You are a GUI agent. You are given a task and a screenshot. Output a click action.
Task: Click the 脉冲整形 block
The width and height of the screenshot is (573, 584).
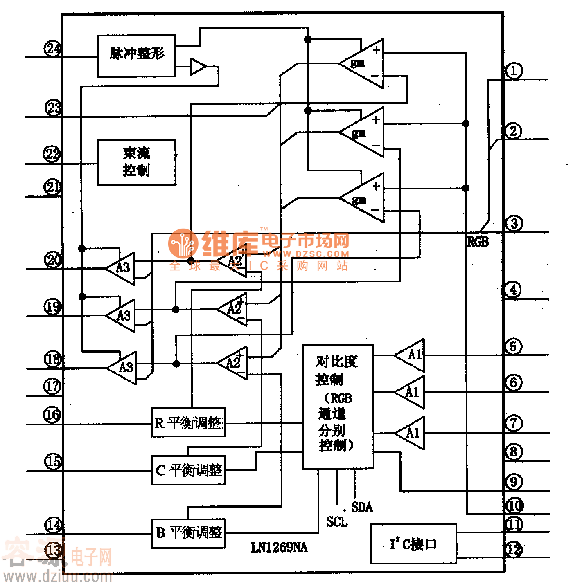[x=136, y=56]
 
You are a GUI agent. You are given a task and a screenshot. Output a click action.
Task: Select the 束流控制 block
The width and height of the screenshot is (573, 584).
[x=137, y=162]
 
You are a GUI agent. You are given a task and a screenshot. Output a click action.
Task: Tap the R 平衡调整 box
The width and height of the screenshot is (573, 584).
[x=188, y=422]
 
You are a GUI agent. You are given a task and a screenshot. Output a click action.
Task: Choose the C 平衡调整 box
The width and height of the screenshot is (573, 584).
[x=188, y=470]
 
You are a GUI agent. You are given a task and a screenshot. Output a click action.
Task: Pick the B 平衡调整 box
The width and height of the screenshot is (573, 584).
[x=188, y=533]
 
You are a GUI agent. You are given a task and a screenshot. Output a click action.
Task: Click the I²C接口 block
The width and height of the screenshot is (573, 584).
[x=413, y=544]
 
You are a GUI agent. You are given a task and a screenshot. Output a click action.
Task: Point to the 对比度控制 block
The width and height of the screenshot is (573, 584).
[x=338, y=406]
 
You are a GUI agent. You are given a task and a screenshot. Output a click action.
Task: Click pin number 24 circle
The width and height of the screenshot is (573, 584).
[x=53, y=49]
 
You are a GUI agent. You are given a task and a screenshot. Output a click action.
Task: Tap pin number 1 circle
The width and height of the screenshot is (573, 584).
[x=514, y=70]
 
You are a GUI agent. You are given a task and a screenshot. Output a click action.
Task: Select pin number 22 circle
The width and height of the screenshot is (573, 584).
[x=52, y=154]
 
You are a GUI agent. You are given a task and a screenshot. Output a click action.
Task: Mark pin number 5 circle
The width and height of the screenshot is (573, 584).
[x=514, y=347]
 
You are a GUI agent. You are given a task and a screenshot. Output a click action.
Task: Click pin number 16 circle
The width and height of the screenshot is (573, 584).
[x=52, y=415]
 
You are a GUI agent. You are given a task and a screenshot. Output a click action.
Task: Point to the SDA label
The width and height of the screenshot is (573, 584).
[x=362, y=507]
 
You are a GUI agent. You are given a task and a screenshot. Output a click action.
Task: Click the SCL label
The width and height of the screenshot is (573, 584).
[x=336, y=521]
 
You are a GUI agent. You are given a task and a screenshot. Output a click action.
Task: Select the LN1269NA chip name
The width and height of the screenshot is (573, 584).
[x=279, y=547]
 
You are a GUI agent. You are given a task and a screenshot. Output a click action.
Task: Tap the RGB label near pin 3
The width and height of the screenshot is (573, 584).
[x=478, y=242]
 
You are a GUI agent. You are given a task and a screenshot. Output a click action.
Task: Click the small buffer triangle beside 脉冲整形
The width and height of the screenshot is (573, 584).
[x=197, y=66]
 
